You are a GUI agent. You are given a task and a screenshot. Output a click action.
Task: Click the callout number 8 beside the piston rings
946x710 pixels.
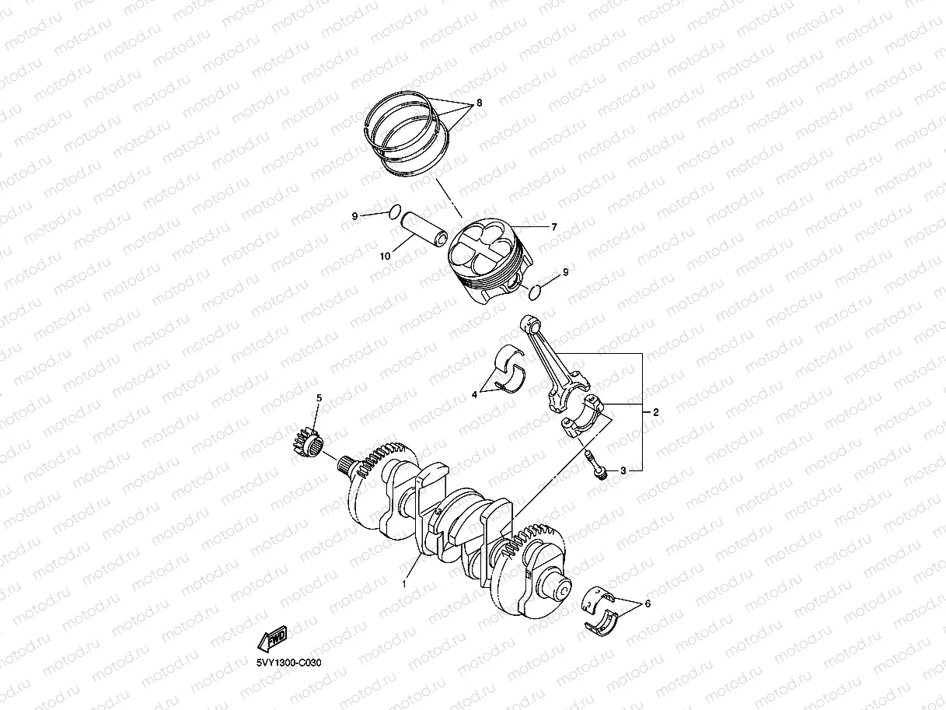tap(479, 103)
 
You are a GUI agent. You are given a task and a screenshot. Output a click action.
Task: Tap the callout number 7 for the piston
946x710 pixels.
tap(554, 227)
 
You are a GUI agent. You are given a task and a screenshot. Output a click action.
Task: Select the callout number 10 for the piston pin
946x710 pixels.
tap(385, 256)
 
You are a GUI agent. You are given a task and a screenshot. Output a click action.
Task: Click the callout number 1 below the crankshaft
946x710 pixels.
tap(404, 584)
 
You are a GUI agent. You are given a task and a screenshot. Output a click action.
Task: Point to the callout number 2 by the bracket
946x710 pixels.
tap(655, 412)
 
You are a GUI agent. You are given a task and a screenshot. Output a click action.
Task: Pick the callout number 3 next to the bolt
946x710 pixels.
tap(623, 470)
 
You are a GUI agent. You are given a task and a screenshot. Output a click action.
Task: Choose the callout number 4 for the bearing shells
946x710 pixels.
tap(474, 394)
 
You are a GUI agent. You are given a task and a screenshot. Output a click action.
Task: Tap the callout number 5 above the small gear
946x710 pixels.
tap(319, 398)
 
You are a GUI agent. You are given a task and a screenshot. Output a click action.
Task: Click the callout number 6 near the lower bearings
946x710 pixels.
tap(648, 604)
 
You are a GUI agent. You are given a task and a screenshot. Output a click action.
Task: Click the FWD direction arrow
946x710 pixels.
tap(272, 638)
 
